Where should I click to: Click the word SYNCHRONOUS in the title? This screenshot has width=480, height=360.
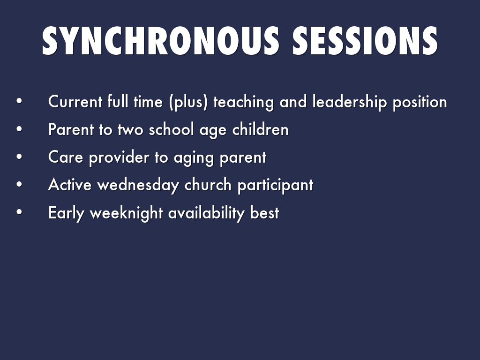[160, 41]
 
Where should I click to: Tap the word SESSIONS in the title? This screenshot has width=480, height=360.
[365, 41]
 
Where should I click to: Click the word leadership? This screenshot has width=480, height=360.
[350, 102]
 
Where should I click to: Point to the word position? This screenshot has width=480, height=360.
[420, 102]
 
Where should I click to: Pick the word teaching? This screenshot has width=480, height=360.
[243, 102]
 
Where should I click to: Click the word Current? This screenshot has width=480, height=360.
[75, 102]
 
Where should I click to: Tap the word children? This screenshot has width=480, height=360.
[260, 129]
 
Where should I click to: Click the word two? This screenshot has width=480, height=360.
[130, 130]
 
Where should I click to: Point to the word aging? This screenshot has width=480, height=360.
[194, 158]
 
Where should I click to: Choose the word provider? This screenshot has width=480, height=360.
[119, 158]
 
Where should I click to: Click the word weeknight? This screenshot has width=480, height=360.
[126, 213]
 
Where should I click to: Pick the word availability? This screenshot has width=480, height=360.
[206, 213]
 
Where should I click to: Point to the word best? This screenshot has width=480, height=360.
[264, 212]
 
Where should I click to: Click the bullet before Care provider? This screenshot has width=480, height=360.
[19, 157]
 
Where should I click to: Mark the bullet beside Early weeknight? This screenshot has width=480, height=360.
[19, 212]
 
